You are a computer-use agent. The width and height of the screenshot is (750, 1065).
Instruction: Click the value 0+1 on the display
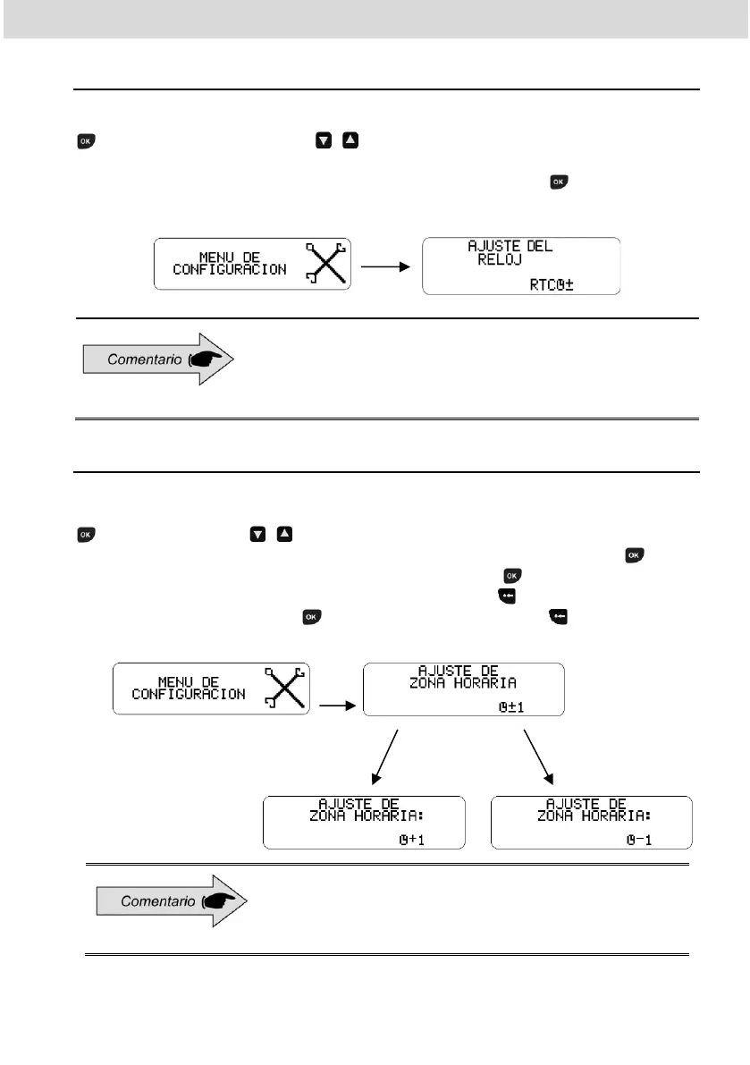click(x=414, y=839)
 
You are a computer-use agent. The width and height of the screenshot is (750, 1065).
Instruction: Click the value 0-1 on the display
click(x=643, y=839)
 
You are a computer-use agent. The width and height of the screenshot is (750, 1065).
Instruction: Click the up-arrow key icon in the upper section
click(x=350, y=141)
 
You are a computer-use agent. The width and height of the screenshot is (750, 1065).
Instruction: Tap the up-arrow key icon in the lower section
click(x=284, y=535)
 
